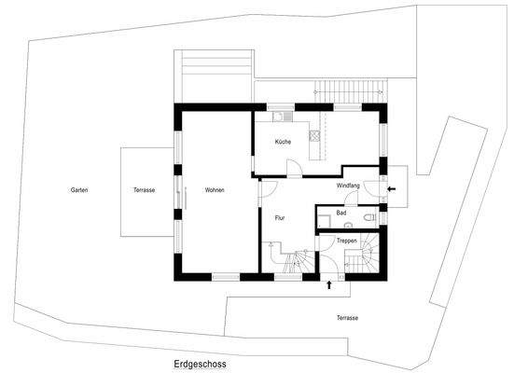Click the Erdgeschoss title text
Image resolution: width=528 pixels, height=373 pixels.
[x=200, y=365]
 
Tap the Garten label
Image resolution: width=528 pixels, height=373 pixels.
[x=79, y=190]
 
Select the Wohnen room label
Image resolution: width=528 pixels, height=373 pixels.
[x=215, y=190]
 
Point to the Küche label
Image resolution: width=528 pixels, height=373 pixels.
[x=284, y=141]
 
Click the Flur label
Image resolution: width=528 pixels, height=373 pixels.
[x=279, y=218]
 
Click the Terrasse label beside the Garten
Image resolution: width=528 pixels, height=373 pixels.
[x=144, y=190]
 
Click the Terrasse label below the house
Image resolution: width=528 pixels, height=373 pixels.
[x=347, y=318]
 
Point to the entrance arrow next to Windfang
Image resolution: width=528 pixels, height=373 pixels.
[x=390, y=188]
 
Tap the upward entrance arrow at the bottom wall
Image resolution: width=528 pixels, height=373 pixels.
[x=329, y=285]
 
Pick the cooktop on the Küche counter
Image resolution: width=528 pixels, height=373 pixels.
[x=315, y=135]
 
